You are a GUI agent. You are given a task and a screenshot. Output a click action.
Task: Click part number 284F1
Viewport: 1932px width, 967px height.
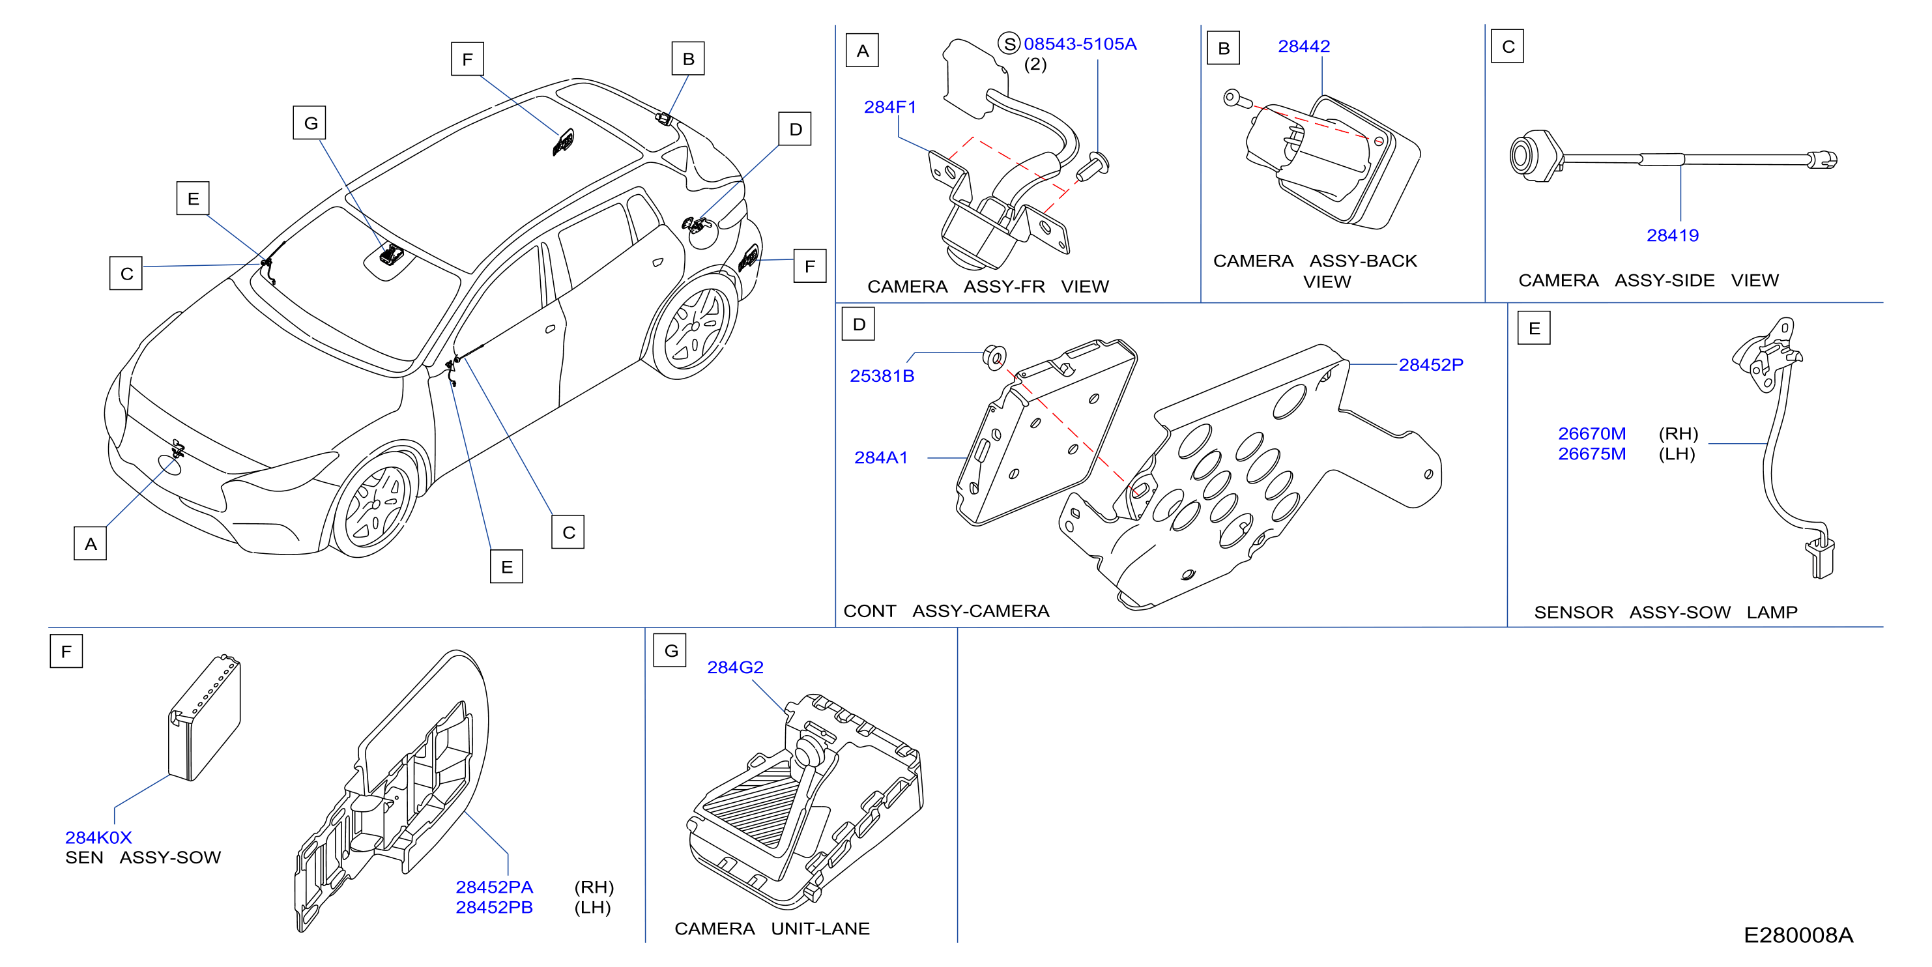(x=889, y=108)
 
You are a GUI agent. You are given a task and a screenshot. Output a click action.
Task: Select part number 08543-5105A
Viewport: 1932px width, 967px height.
(x=1080, y=44)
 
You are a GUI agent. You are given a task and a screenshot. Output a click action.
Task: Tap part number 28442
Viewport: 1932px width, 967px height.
(x=1303, y=46)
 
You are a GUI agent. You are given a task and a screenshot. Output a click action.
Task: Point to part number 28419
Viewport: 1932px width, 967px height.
(x=1673, y=236)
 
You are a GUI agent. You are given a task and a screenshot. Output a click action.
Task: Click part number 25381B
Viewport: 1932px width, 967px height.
(x=882, y=376)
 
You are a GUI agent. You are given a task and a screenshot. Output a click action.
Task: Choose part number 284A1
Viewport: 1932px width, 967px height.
(x=881, y=457)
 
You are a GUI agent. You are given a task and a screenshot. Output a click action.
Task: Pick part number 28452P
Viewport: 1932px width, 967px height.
(x=1431, y=365)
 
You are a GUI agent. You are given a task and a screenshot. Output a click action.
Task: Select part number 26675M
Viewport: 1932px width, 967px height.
(x=1591, y=454)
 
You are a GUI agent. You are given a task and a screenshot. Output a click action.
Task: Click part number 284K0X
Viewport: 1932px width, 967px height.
(x=98, y=837)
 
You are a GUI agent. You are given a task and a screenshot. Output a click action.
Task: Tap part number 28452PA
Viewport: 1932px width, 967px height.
(x=495, y=887)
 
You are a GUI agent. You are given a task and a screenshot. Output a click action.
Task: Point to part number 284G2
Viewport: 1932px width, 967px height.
(x=735, y=667)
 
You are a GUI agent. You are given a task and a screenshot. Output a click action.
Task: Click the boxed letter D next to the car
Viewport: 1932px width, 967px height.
(x=795, y=129)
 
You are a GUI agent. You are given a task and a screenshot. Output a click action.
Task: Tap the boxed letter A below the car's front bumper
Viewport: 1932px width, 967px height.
(x=90, y=543)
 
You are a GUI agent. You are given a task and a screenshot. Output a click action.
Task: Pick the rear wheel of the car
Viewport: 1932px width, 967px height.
(x=694, y=327)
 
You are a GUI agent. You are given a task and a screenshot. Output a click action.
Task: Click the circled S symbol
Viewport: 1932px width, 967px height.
(x=1009, y=44)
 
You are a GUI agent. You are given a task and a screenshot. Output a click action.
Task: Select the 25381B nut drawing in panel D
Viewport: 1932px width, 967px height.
(x=994, y=357)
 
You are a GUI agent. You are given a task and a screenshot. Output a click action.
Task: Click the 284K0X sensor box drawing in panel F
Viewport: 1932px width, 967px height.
(x=204, y=718)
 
